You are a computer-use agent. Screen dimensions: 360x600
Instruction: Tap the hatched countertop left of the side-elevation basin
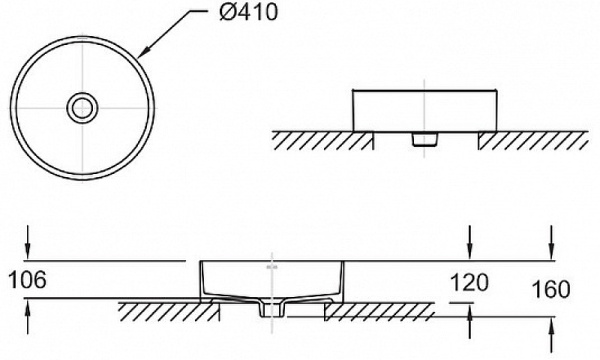(x=315, y=140)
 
